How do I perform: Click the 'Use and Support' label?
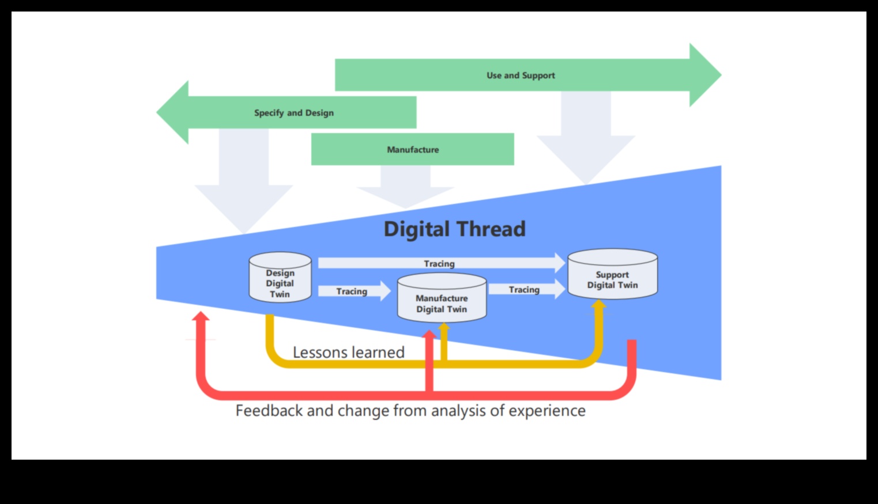pos(520,75)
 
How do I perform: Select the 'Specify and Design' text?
pos(293,113)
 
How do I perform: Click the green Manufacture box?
pos(412,150)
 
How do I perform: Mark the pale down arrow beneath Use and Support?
pos(586,144)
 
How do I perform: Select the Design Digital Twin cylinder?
pos(280,278)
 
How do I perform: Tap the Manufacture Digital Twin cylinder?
pos(442,298)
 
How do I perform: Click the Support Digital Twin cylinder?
pos(612,275)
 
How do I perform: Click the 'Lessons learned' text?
pos(348,352)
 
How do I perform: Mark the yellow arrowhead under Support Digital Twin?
pos(599,304)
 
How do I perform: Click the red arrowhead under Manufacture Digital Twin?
pos(429,334)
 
